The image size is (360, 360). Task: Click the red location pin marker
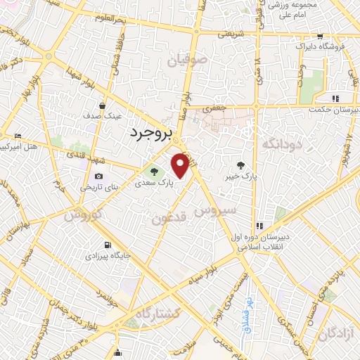[x=180, y=165]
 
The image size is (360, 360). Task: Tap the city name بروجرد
[x=150, y=133]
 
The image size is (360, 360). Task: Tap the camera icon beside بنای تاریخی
[x=98, y=176]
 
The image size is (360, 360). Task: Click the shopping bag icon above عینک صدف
[x=103, y=106]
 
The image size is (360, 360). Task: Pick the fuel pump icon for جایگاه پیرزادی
[x=107, y=245]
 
